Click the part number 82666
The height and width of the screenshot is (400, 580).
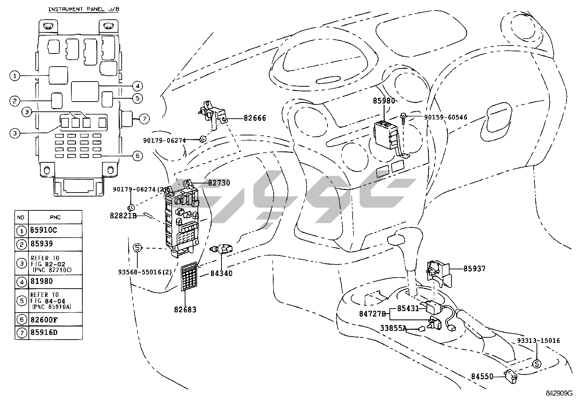point(255,118)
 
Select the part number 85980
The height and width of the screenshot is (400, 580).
point(383,101)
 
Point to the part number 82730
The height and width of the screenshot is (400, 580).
point(219,183)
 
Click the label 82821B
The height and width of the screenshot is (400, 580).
point(123,215)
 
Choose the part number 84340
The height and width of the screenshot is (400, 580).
point(221,273)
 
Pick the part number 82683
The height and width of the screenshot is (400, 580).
point(185,310)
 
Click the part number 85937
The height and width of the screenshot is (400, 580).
point(474,269)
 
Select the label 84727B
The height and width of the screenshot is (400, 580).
point(372,314)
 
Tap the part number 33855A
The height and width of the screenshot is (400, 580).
point(393,328)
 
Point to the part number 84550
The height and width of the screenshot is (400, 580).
point(482,376)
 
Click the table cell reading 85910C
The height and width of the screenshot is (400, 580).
point(44,230)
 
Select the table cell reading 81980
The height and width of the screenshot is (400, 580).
point(42,281)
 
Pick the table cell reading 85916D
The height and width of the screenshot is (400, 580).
point(44,332)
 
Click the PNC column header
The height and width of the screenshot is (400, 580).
point(55,217)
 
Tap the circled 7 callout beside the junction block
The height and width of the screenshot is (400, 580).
point(144,118)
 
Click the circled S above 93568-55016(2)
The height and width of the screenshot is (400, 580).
point(137,247)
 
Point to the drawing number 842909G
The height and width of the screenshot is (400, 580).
point(559,393)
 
